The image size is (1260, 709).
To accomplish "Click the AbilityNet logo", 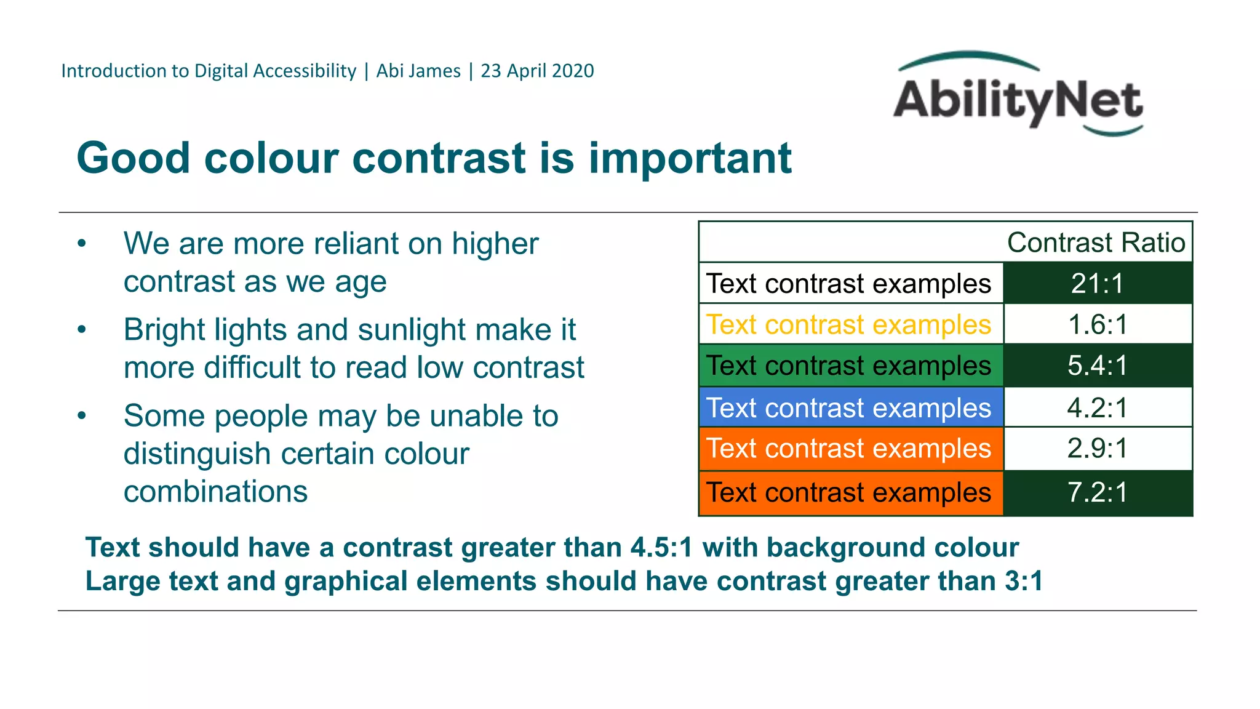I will [x=1018, y=95].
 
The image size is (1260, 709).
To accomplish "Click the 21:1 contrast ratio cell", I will [x=1098, y=284].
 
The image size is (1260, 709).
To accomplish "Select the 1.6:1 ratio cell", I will [x=1098, y=324].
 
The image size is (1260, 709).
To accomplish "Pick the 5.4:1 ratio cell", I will [x=1098, y=366].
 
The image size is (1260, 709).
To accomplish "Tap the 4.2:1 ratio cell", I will [x=1098, y=407].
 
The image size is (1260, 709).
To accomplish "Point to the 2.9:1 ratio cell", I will [x=1098, y=448].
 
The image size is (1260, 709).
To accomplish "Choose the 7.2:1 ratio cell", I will [x=1098, y=492].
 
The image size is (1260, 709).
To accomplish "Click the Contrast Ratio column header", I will [x=1096, y=242].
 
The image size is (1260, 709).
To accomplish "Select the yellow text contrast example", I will [x=848, y=324].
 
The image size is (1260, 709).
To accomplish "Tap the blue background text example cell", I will [x=848, y=407].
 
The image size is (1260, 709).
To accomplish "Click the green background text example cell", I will [x=848, y=366].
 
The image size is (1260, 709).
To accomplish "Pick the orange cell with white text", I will [x=848, y=448].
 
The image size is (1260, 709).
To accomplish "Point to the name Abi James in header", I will [x=418, y=71].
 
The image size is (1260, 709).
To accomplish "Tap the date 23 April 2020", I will [x=537, y=71].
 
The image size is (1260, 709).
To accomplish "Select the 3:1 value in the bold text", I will [x=1024, y=582].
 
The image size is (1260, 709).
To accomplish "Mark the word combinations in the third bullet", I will [x=215, y=492].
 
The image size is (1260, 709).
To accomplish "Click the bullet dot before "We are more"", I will [x=82, y=244].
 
